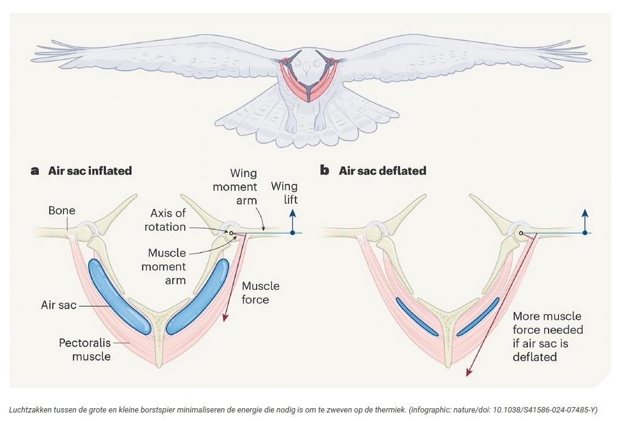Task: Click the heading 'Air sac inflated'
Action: click(x=90, y=170)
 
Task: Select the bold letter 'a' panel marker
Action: click(x=35, y=170)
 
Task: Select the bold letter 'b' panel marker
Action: click(x=325, y=170)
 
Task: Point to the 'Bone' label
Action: click(x=62, y=210)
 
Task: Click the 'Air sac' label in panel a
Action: click(x=58, y=305)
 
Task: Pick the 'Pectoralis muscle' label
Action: click(x=85, y=349)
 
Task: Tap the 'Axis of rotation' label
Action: click(x=166, y=220)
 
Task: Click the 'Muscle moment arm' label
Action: click(x=167, y=266)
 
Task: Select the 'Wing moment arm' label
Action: click(x=235, y=187)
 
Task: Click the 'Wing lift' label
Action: click(x=284, y=192)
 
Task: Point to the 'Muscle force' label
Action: click(x=261, y=292)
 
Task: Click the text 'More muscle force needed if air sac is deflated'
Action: click(x=547, y=337)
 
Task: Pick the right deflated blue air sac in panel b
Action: click(x=478, y=316)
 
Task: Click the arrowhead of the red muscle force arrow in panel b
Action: click(x=467, y=373)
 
